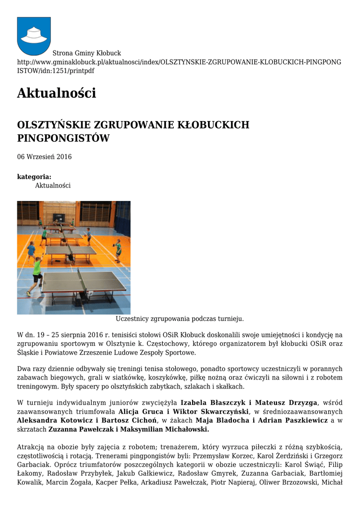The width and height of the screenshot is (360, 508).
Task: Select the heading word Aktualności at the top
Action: click(x=56, y=93)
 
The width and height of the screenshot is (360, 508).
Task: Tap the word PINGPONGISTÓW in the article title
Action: click(x=63, y=138)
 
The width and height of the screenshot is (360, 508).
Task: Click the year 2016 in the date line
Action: click(x=64, y=157)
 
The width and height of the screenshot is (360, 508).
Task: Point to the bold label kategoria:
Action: click(x=34, y=177)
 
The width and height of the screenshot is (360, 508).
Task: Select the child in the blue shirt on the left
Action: click(x=32, y=251)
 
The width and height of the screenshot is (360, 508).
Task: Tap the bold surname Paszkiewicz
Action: click(x=303, y=421)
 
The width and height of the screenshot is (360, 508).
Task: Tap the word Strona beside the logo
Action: click(x=64, y=53)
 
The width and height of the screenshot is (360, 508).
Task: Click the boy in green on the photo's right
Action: click(x=118, y=250)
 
